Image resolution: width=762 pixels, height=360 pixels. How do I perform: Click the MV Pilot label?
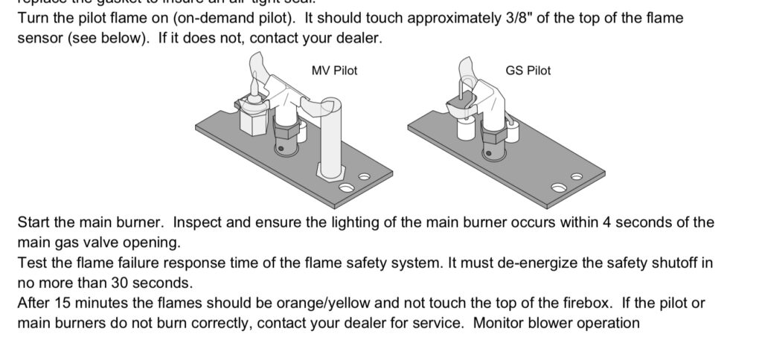tap(334, 71)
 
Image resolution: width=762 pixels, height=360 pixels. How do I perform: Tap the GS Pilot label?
tap(528, 71)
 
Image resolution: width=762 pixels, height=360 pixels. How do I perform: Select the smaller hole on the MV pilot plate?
tap(364, 177)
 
